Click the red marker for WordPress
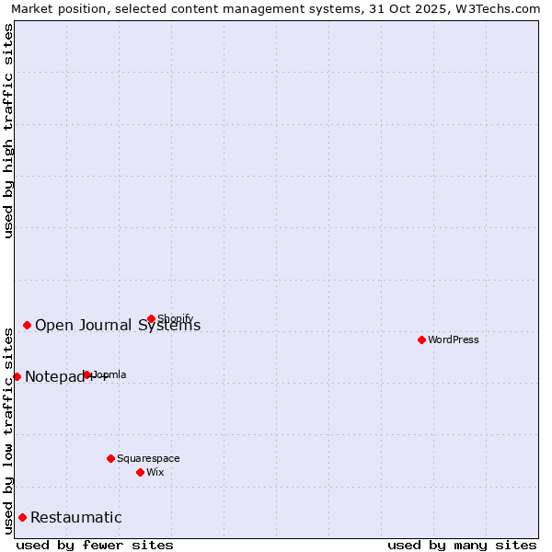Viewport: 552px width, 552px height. click(422, 339)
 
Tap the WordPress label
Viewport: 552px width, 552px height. click(454, 339)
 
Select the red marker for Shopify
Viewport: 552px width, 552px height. click(152, 319)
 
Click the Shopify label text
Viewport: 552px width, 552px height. click(176, 318)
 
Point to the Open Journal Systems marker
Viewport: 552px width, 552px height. click(28, 325)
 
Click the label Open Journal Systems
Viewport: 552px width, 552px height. click(118, 325)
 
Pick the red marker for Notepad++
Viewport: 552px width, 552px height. click(17, 376)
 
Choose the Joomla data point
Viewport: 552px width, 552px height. click(87, 374)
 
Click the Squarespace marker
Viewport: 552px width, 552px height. click(110, 458)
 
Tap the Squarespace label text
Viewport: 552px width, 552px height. click(148, 458)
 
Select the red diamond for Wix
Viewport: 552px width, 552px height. click(140, 472)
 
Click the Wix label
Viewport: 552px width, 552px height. click(155, 472)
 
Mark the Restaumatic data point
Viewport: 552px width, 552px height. click(22, 517)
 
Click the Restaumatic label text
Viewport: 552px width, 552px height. click(76, 517)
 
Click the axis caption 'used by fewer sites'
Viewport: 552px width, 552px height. click(95, 545)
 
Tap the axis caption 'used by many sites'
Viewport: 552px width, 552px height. click(462, 545)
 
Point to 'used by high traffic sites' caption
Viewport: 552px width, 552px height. click(8, 131)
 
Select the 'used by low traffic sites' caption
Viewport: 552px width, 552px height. click(8, 429)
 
